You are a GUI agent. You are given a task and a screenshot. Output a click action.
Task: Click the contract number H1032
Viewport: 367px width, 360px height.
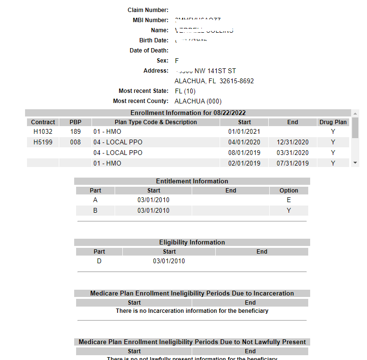43,131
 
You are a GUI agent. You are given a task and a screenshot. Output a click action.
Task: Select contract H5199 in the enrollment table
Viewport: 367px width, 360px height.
43,142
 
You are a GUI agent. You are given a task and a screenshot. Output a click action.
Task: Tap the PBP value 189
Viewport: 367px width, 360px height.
75,131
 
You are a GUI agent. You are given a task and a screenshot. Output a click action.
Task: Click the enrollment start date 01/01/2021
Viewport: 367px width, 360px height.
244,131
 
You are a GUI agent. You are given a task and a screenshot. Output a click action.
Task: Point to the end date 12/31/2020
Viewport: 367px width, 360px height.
292,142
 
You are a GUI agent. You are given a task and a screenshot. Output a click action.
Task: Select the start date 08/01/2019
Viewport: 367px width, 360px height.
244,153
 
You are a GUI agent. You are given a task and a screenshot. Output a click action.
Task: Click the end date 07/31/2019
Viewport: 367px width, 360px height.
292,163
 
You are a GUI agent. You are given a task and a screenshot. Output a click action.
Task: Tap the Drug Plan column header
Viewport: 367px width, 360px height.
333,122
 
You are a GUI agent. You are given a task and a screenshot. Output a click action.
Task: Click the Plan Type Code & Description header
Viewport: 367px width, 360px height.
156,122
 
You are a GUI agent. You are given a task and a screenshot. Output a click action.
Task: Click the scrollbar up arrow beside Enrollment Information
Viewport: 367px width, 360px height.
355,113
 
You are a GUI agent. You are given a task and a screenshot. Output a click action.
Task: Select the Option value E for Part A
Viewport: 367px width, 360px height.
288,200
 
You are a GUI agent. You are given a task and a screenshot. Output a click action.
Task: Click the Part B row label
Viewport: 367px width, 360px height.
95,210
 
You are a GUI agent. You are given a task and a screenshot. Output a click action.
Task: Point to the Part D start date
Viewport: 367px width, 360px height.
169,261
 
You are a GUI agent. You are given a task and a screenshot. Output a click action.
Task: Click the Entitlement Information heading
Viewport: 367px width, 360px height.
192,181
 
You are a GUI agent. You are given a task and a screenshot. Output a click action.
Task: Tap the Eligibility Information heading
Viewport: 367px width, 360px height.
192,242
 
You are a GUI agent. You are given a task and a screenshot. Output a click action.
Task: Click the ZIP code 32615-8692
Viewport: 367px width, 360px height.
236,81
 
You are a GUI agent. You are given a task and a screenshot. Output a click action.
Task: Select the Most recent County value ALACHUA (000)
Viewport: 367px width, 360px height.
198,101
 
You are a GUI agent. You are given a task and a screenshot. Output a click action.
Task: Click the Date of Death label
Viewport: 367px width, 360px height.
149,51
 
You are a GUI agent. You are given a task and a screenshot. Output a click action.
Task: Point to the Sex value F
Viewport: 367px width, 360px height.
177,61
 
